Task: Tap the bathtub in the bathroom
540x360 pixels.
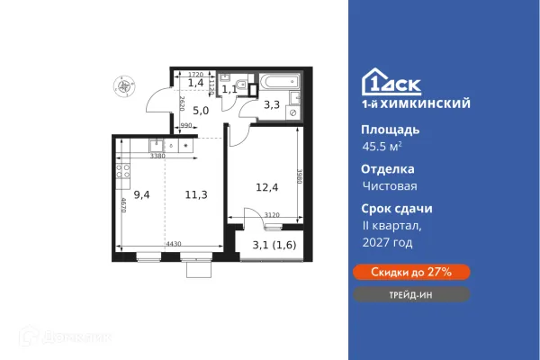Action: pyautogui.click(x=280, y=82)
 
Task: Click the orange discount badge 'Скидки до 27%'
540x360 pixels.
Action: pyautogui.click(x=409, y=271)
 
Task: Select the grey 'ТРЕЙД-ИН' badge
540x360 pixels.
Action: pyautogui.click(x=409, y=294)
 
